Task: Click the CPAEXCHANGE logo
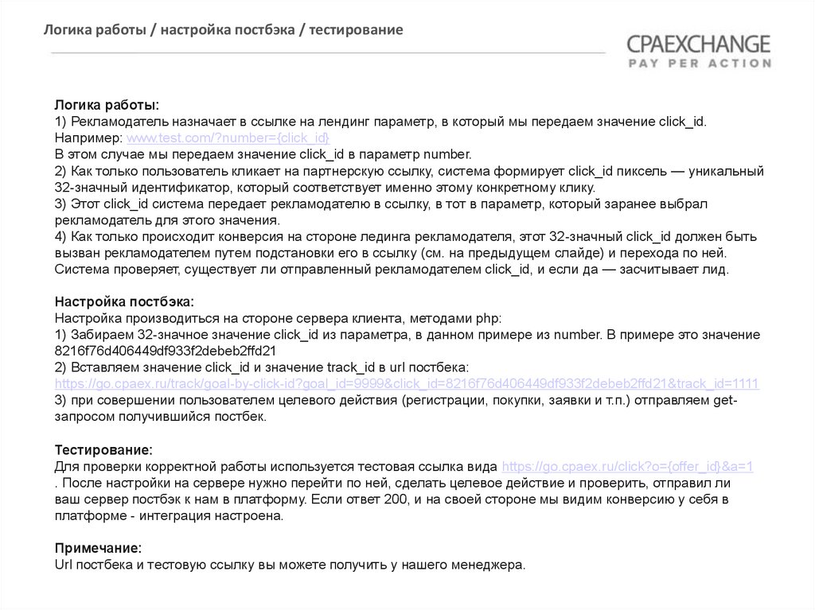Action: (698, 44)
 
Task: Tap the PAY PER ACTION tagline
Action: (699, 63)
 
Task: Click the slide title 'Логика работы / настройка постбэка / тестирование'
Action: (223, 30)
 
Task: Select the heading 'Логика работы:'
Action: (107, 105)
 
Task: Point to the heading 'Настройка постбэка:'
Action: (124, 301)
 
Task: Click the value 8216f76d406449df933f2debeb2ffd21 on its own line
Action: (165, 351)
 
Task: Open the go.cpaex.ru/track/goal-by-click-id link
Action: (406, 384)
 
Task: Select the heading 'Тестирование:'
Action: (103, 450)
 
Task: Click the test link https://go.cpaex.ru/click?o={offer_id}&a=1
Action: (628, 467)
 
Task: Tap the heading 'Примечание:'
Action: (98, 549)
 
